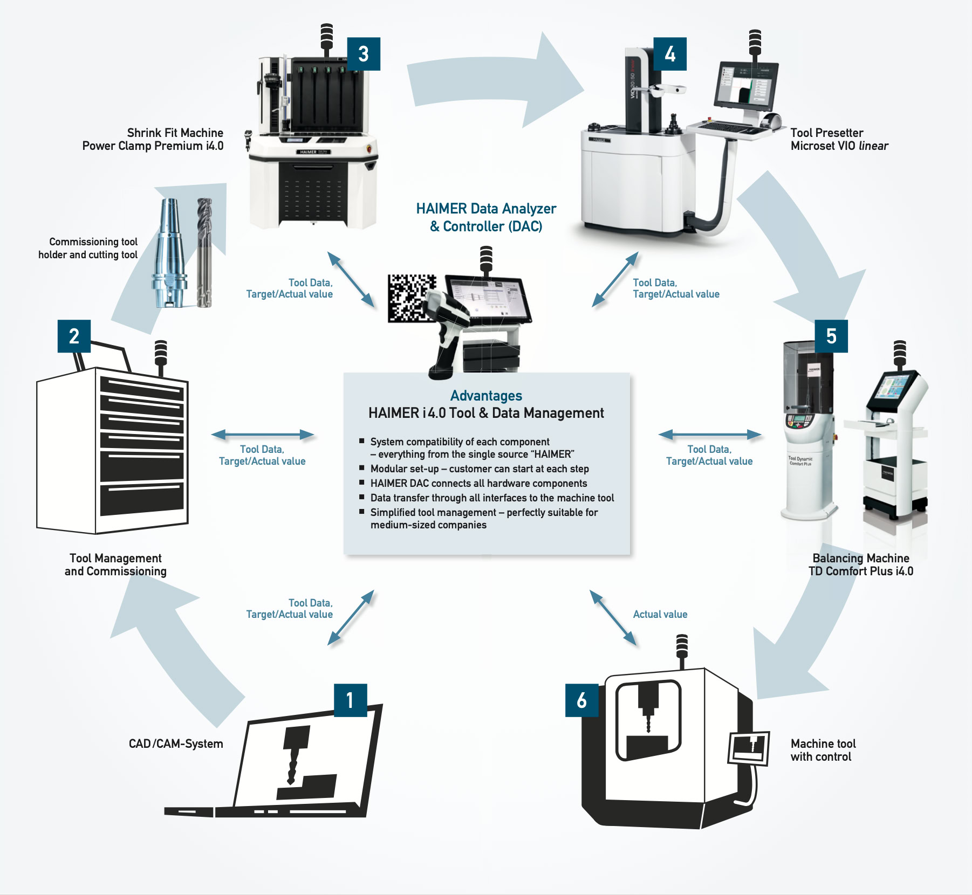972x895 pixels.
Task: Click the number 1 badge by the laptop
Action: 350,700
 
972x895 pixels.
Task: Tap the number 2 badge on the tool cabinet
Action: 74,336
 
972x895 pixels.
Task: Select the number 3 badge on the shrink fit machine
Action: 364,54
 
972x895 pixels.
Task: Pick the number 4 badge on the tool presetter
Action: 670,54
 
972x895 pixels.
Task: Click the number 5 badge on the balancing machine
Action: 831,336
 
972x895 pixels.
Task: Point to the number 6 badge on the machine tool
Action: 581,700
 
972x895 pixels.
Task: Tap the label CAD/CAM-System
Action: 176,743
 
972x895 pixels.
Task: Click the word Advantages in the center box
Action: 486,396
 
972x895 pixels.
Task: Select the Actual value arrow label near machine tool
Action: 660,614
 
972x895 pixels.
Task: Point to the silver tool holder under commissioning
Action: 169,253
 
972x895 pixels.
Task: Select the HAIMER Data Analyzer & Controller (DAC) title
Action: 486,217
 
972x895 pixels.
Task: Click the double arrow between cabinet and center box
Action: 262,435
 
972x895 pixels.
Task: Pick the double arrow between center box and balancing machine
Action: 709,435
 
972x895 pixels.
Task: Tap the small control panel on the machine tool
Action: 748,748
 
